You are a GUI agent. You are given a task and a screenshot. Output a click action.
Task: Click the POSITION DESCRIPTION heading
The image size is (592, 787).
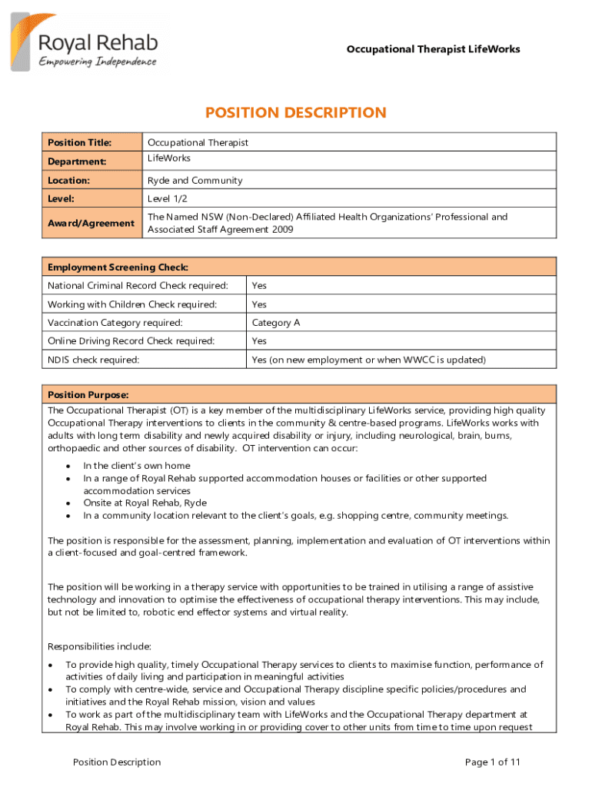[296, 113]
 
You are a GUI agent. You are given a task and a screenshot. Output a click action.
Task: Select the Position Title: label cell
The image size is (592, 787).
[80, 142]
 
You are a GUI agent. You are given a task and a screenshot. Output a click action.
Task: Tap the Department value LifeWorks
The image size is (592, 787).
[169, 158]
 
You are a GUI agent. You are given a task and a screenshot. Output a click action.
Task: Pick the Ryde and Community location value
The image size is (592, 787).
[195, 181]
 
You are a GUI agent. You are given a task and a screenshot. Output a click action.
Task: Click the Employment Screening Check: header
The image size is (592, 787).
[118, 267]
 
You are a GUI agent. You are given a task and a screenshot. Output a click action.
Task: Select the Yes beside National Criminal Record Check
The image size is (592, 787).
[259, 285]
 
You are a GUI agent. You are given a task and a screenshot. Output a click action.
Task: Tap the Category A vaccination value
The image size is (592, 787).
[276, 323]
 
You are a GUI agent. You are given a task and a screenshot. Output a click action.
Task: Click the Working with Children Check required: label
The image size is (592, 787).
[132, 304]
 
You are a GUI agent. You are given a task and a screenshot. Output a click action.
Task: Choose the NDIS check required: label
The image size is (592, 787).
[94, 360]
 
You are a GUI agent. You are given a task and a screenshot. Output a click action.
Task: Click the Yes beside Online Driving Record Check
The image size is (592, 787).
[259, 341]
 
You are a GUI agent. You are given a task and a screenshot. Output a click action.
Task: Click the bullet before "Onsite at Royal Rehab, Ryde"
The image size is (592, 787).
[69, 503]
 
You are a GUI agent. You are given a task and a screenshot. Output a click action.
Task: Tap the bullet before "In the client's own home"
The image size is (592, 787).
[69, 466]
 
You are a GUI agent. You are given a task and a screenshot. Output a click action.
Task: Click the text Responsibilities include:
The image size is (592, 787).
[99, 646]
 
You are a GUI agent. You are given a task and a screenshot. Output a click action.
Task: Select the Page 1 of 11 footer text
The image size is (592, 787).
[493, 762]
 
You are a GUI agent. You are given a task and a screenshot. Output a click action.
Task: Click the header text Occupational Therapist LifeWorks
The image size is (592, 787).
[433, 49]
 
